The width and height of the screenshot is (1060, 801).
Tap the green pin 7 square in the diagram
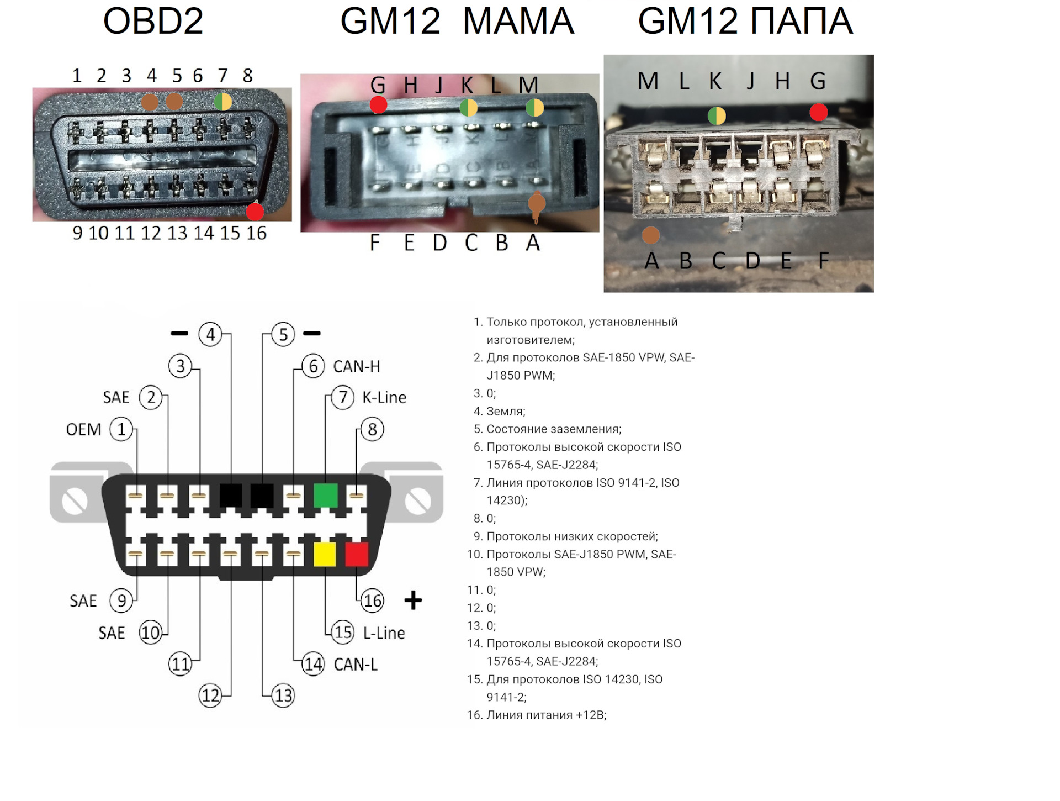325,495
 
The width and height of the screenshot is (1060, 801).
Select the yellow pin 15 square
325,554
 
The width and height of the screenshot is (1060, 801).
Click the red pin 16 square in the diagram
357,554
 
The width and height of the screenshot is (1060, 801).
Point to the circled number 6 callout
313,366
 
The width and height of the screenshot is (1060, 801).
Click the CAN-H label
356,366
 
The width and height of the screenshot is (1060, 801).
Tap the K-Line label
384,397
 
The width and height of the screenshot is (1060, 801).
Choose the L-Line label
384,633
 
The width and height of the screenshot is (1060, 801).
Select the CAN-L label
356,664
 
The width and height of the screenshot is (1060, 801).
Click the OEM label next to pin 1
83,429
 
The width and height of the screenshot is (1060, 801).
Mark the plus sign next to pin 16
413,600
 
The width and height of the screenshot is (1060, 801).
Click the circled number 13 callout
283,695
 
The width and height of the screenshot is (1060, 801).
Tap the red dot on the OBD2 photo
255,212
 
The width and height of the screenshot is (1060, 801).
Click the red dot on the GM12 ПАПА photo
818,112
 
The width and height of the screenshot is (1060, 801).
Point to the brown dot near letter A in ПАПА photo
651,235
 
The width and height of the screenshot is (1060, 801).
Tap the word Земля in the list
505,411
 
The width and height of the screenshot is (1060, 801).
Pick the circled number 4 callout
210,334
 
